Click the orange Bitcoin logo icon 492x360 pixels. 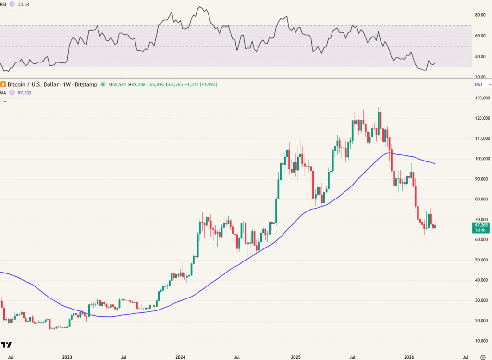click(x=3, y=84)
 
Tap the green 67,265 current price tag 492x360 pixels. click(x=481, y=225)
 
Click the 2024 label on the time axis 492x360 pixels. click(x=181, y=357)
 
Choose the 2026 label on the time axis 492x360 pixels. click(x=409, y=357)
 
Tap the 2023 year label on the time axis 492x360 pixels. click(x=67, y=357)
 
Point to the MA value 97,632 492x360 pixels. click(x=25, y=93)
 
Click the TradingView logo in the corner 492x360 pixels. click(x=6, y=345)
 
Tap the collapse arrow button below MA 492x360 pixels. click(x=5, y=101)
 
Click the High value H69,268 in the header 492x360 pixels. click(x=138, y=85)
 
